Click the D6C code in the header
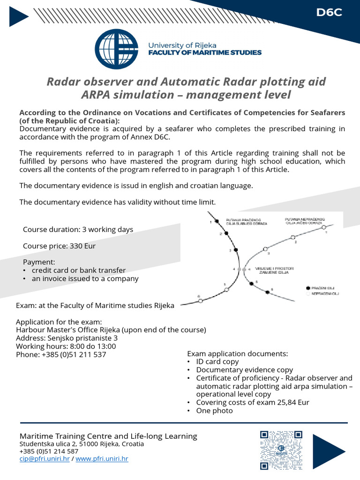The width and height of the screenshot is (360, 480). pyautogui.click(x=329, y=13)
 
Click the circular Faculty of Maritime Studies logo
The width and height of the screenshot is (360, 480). pyautogui.click(x=116, y=49)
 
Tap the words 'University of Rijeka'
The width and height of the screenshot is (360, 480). pyautogui.click(x=182, y=45)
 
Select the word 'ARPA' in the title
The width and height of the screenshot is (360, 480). pyautogui.click(x=97, y=95)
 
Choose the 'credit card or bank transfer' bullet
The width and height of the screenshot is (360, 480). pyautogui.click(x=79, y=270)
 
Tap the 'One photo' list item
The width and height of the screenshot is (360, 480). pyautogui.click(x=214, y=411)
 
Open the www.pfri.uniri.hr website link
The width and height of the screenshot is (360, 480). pyautogui.click(x=102, y=459)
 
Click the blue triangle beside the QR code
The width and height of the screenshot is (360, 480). pyautogui.click(x=328, y=451)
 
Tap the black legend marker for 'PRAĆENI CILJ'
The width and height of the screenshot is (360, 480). pyautogui.click(x=308, y=288)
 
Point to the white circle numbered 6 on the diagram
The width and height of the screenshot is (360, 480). pyautogui.click(x=201, y=301)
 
